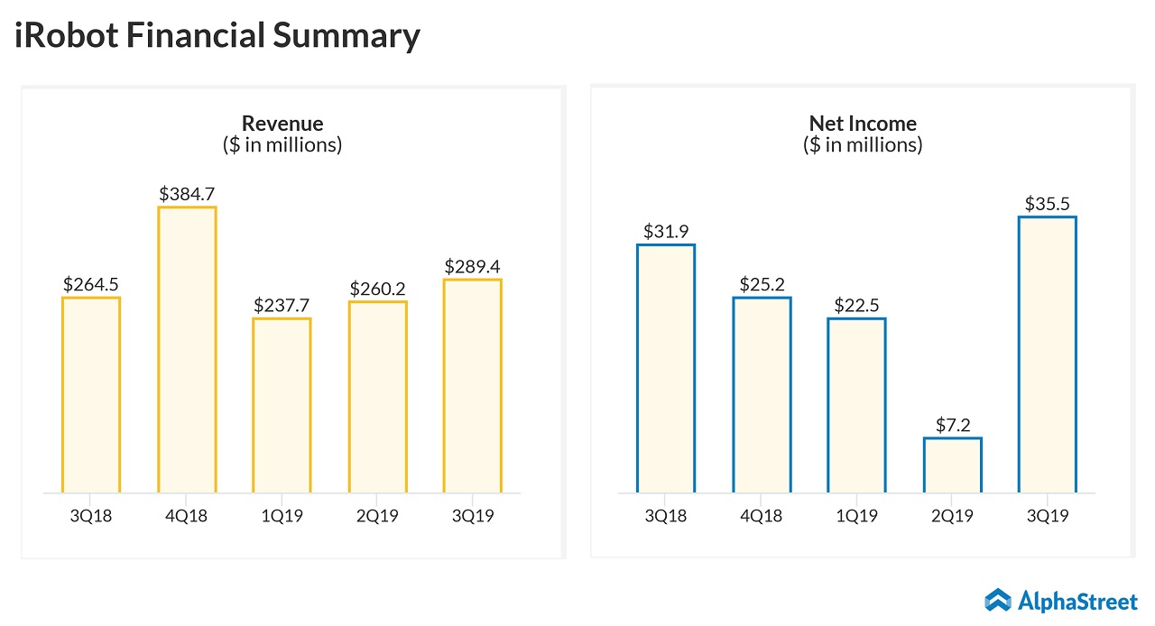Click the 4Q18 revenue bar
[187, 350]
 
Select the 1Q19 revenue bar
[282, 406]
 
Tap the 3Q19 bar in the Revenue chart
[473, 386]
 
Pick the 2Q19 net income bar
[952, 465]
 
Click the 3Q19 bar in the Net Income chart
[1047, 354]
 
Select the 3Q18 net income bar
[666, 369]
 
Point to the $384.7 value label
[187, 193]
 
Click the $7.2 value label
[952, 425]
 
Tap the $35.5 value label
[1047, 204]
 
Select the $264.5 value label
[91, 284]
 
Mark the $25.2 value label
[762, 284]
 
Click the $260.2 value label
[377, 289]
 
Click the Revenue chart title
[282, 124]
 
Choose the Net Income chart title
[863, 124]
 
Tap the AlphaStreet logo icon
[997, 600]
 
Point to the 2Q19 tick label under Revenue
[377, 517]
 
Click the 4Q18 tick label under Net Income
[762, 517]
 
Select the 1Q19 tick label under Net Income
[856, 517]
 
